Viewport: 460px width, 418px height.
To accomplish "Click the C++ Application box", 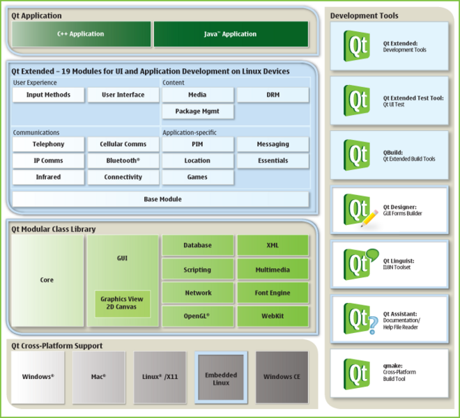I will (81, 34).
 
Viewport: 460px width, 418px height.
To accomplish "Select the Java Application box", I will (230, 34).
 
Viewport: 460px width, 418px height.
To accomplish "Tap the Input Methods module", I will (48, 95).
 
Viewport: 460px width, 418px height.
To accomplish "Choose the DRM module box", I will (273, 95).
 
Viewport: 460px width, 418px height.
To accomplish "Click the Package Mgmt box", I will (197, 111).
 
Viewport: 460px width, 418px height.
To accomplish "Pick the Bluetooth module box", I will (123, 161).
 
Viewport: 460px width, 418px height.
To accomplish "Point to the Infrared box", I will (48, 178).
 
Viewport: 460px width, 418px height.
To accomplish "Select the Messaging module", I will (273, 144).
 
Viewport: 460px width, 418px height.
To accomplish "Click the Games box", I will (197, 178).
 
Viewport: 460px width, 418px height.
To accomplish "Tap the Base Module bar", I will (162, 199).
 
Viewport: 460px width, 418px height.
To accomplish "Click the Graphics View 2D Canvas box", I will (122, 304).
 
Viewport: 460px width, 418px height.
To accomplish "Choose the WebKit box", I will (272, 316).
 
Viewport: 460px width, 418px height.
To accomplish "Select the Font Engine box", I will (272, 293).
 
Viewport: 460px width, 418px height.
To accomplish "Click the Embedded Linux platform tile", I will (221, 378).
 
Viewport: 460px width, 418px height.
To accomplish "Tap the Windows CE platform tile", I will (282, 378).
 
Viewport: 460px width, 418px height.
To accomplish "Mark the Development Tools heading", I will (365, 15).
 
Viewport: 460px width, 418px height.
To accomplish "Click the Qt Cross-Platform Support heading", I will (56, 346).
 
